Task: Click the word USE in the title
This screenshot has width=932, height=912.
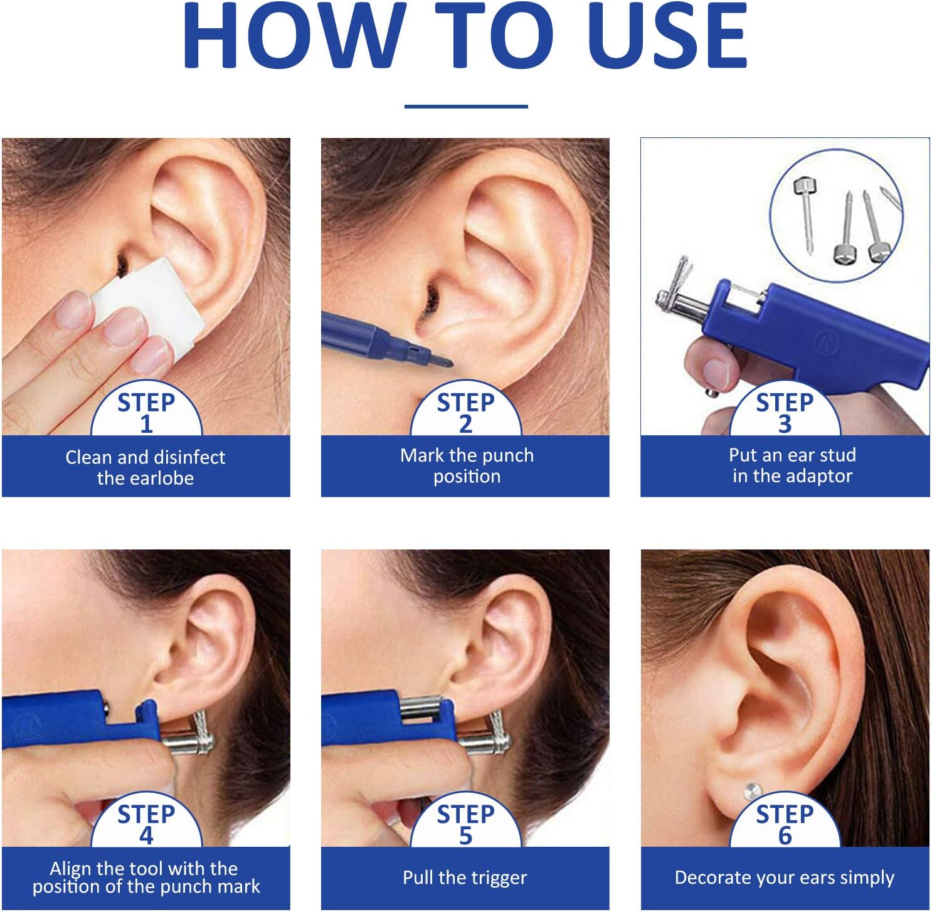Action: click(x=668, y=36)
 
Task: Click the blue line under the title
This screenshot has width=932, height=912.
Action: click(x=466, y=107)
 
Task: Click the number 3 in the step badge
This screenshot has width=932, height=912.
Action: click(x=785, y=425)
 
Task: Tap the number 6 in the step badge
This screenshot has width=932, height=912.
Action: click(x=785, y=836)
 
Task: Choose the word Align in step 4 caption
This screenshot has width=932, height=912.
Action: click(x=70, y=869)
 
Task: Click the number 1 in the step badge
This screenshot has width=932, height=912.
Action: click(x=146, y=425)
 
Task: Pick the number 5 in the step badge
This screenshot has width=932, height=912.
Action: click(x=465, y=836)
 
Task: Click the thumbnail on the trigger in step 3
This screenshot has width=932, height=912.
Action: click(x=715, y=372)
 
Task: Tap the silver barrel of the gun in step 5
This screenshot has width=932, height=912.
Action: click(x=421, y=709)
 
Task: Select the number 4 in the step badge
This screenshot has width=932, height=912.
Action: click(x=146, y=836)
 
